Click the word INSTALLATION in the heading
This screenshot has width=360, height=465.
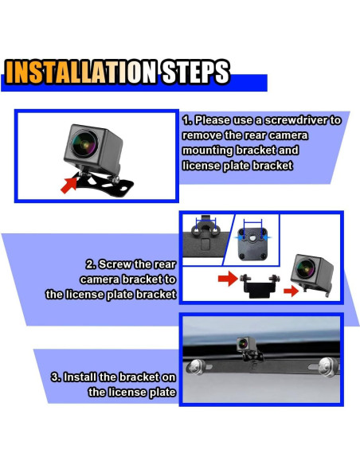point(81,72)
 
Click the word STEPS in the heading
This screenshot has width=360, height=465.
point(196,72)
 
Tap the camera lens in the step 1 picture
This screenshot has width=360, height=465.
point(84,144)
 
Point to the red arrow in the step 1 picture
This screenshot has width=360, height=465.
point(68,185)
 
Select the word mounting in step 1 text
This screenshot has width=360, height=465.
point(208,150)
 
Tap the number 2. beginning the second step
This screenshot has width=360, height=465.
point(91,264)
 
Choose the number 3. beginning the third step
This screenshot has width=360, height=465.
point(57,377)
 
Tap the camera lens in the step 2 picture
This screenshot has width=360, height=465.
point(305,268)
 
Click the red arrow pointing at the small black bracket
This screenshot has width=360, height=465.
point(228,278)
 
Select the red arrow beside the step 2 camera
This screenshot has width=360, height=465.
point(292,291)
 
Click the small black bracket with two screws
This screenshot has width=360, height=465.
point(260,285)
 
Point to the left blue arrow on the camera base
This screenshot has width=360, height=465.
point(239,237)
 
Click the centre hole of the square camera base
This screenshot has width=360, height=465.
point(252,237)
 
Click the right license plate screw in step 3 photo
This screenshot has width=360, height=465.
point(328,366)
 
